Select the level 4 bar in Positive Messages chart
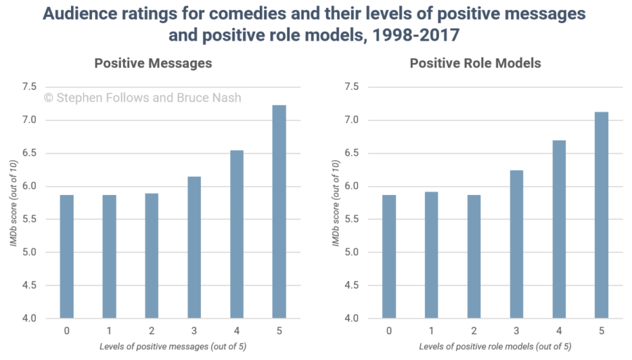(x=237, y=234)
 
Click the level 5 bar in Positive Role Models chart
(x=602, y=215)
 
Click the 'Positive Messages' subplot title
(x=153, y=63)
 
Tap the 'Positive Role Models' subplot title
(x=475, y=63)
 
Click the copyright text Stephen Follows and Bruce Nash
(x=143, y=98)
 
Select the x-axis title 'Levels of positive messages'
(x=172, y=347)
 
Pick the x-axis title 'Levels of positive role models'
(x=495, y=347)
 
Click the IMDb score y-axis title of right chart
(x=336, y=203)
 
